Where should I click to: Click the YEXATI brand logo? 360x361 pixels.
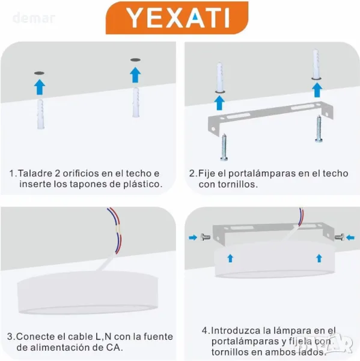[x=177, y=17]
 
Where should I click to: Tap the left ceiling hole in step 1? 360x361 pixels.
[x=39, y=73]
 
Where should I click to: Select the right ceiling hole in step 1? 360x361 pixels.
[x=135, y=60]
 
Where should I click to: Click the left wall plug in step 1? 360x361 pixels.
[x=41, y=114]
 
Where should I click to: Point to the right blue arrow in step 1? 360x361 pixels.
[x=135, y=75]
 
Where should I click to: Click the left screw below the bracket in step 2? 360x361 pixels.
[x=224, y=147]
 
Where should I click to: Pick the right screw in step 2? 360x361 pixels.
[x=319, y=129]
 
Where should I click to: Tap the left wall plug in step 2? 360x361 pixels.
[x=220, y=78]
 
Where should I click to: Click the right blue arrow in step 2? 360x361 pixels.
[x=317, y=90]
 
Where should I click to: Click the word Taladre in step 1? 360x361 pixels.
[x=34, y=173]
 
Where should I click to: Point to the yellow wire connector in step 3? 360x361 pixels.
[x=118, y=229]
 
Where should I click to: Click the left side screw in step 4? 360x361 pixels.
[x=205, y=237]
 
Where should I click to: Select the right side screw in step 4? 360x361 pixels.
[x=340, y=237]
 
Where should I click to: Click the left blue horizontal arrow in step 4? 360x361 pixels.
[x=193, y=238]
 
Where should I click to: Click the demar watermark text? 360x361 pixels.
[x=34, y=18]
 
